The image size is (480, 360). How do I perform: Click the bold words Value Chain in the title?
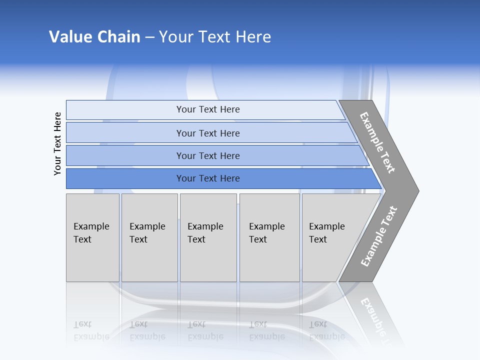click(94, 37)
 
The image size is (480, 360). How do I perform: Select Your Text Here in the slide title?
click(215, 37)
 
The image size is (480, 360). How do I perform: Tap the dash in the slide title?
click(149, 37)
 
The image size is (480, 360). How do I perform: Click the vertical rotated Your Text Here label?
click(57, 143)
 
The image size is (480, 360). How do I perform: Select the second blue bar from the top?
click(207, 133)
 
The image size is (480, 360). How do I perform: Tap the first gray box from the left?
click(92, 237)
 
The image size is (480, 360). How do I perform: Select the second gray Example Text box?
click(149, 237)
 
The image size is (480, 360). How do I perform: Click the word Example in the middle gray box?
click(205, 226)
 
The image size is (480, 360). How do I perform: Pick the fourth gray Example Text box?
click(269, 237)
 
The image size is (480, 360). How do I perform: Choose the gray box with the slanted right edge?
click(330, 237)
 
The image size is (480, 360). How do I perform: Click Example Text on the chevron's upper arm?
click(377, 142)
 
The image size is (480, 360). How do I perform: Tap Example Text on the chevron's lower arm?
click(378, 236)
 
